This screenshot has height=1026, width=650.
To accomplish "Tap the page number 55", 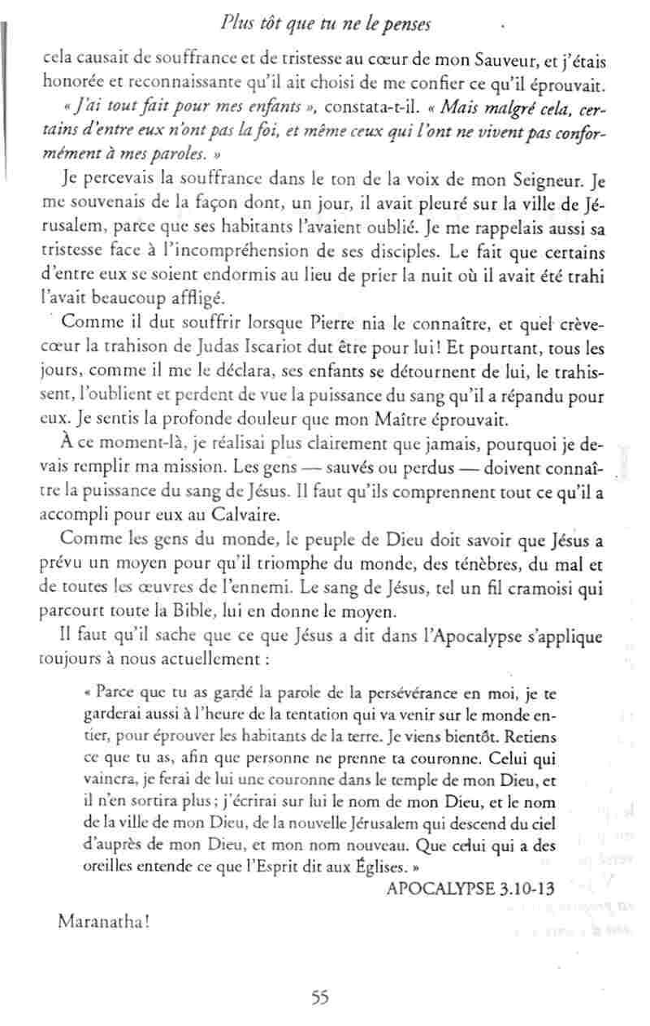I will [319, 998].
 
